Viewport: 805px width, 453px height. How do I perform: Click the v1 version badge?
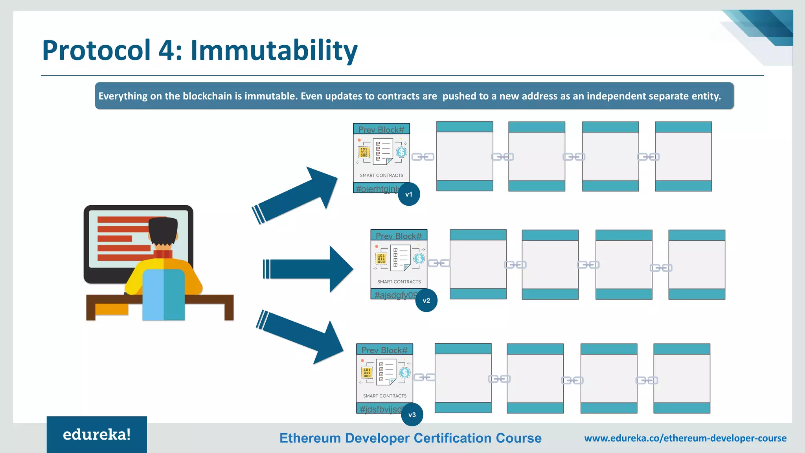pyautogui.click(x=409, y=194)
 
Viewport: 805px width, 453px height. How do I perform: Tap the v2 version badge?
pyautogui.click(x=426, y=301)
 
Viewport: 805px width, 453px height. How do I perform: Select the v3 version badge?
pyautogui.click(x=412, y=415)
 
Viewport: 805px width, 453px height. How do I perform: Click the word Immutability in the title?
pyautogui.click(x=274, y=50)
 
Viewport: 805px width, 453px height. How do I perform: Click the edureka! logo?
pyautogui.click(x=97, y=435)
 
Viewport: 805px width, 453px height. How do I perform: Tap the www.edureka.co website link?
pyautogui.click(x=685, y=438)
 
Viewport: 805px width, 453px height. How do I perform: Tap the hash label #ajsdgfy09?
pyautogui.click(x=394, y=295)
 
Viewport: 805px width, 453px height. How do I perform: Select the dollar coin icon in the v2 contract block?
pyautogui.click(x=419, y=258)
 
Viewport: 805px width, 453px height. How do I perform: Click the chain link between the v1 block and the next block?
pyautogui.click(x=423, y=157)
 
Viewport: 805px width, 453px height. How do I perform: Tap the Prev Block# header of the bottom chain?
pyautogui.click(x=384, y=350)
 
